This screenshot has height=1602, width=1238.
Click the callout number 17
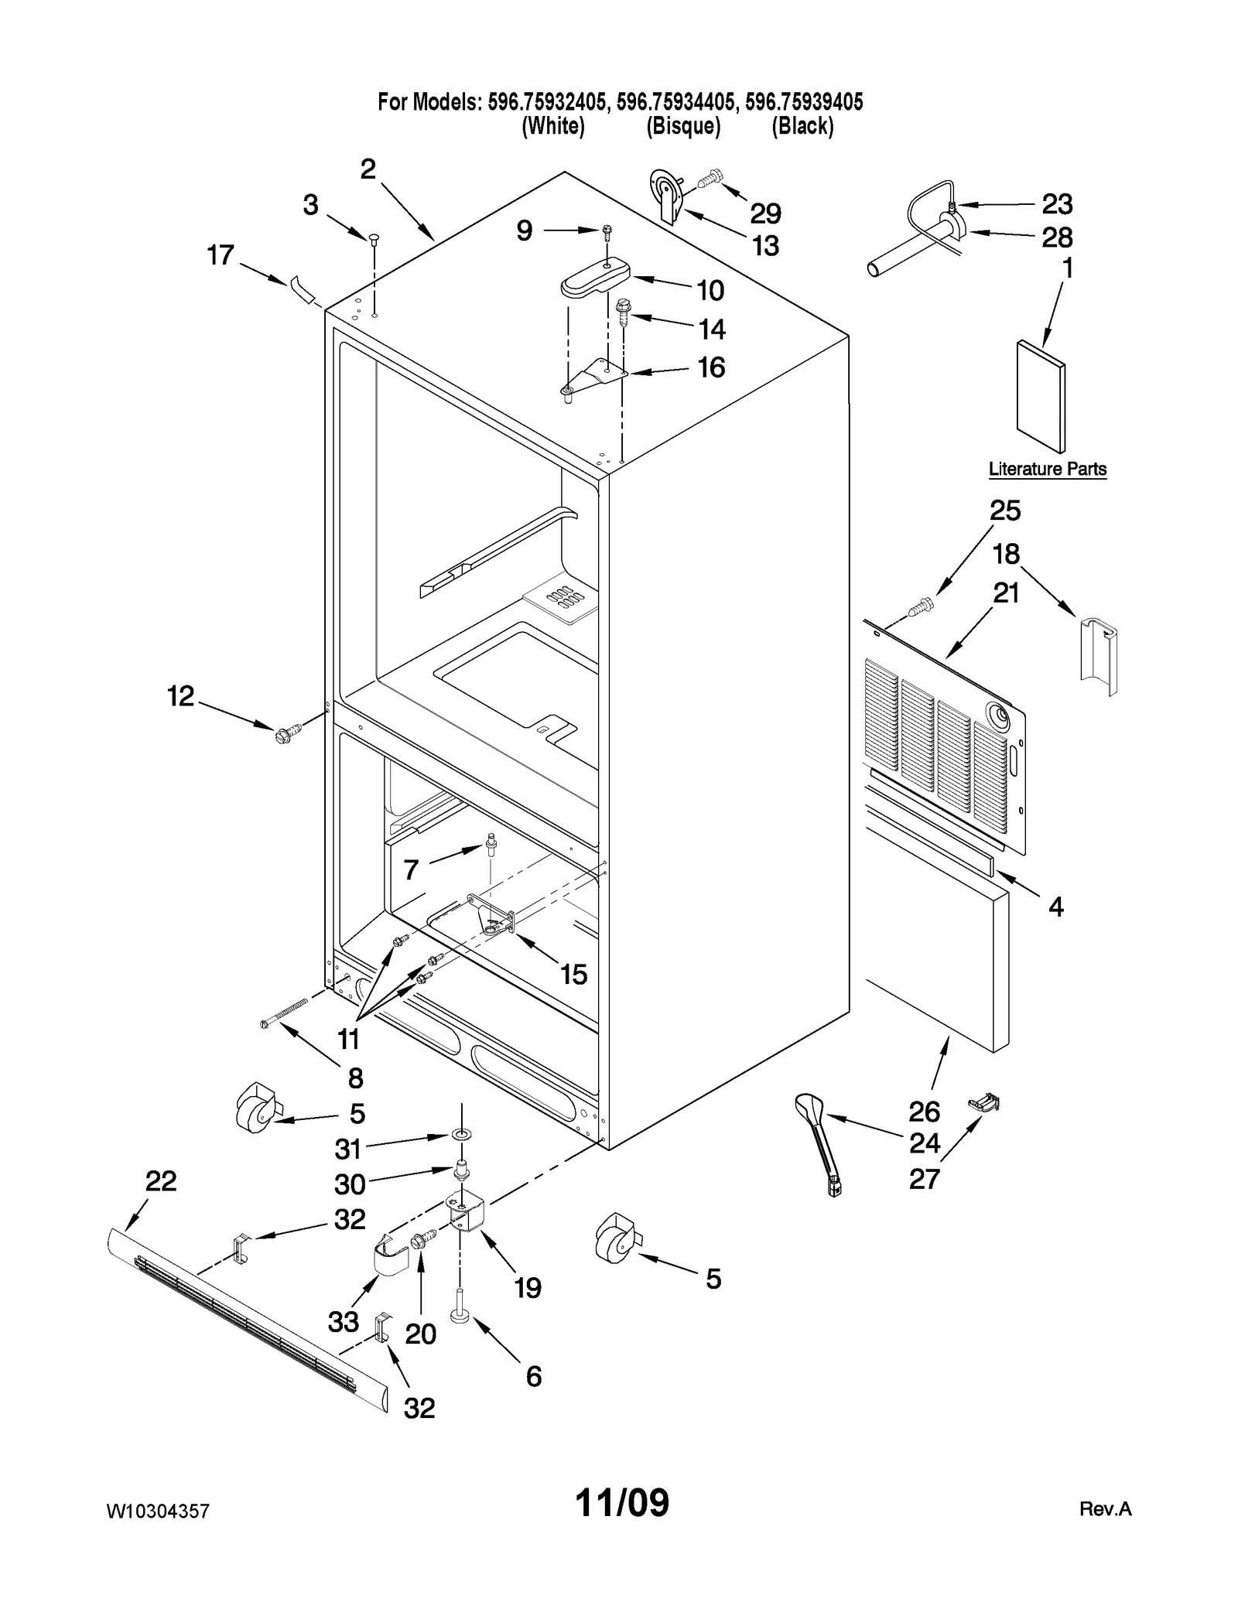coord(221,254)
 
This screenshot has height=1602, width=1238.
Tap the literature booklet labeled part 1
coord(1040,395)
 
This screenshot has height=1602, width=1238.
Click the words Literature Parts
coord(1047,469)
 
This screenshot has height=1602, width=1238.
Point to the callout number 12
coord(181,696)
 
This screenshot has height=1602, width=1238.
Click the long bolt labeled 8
coord(285,1013)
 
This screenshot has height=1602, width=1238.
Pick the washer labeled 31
coord(462,1136)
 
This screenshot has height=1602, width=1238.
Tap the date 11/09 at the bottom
coord(622,1503)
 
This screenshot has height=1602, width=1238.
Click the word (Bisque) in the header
coord(683,126)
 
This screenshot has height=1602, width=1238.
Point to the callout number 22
coord(161,1180)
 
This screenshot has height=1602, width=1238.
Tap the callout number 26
coord(925,1112)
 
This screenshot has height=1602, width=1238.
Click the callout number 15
coord(573,974)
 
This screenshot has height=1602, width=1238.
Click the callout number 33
coord(344,1320)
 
